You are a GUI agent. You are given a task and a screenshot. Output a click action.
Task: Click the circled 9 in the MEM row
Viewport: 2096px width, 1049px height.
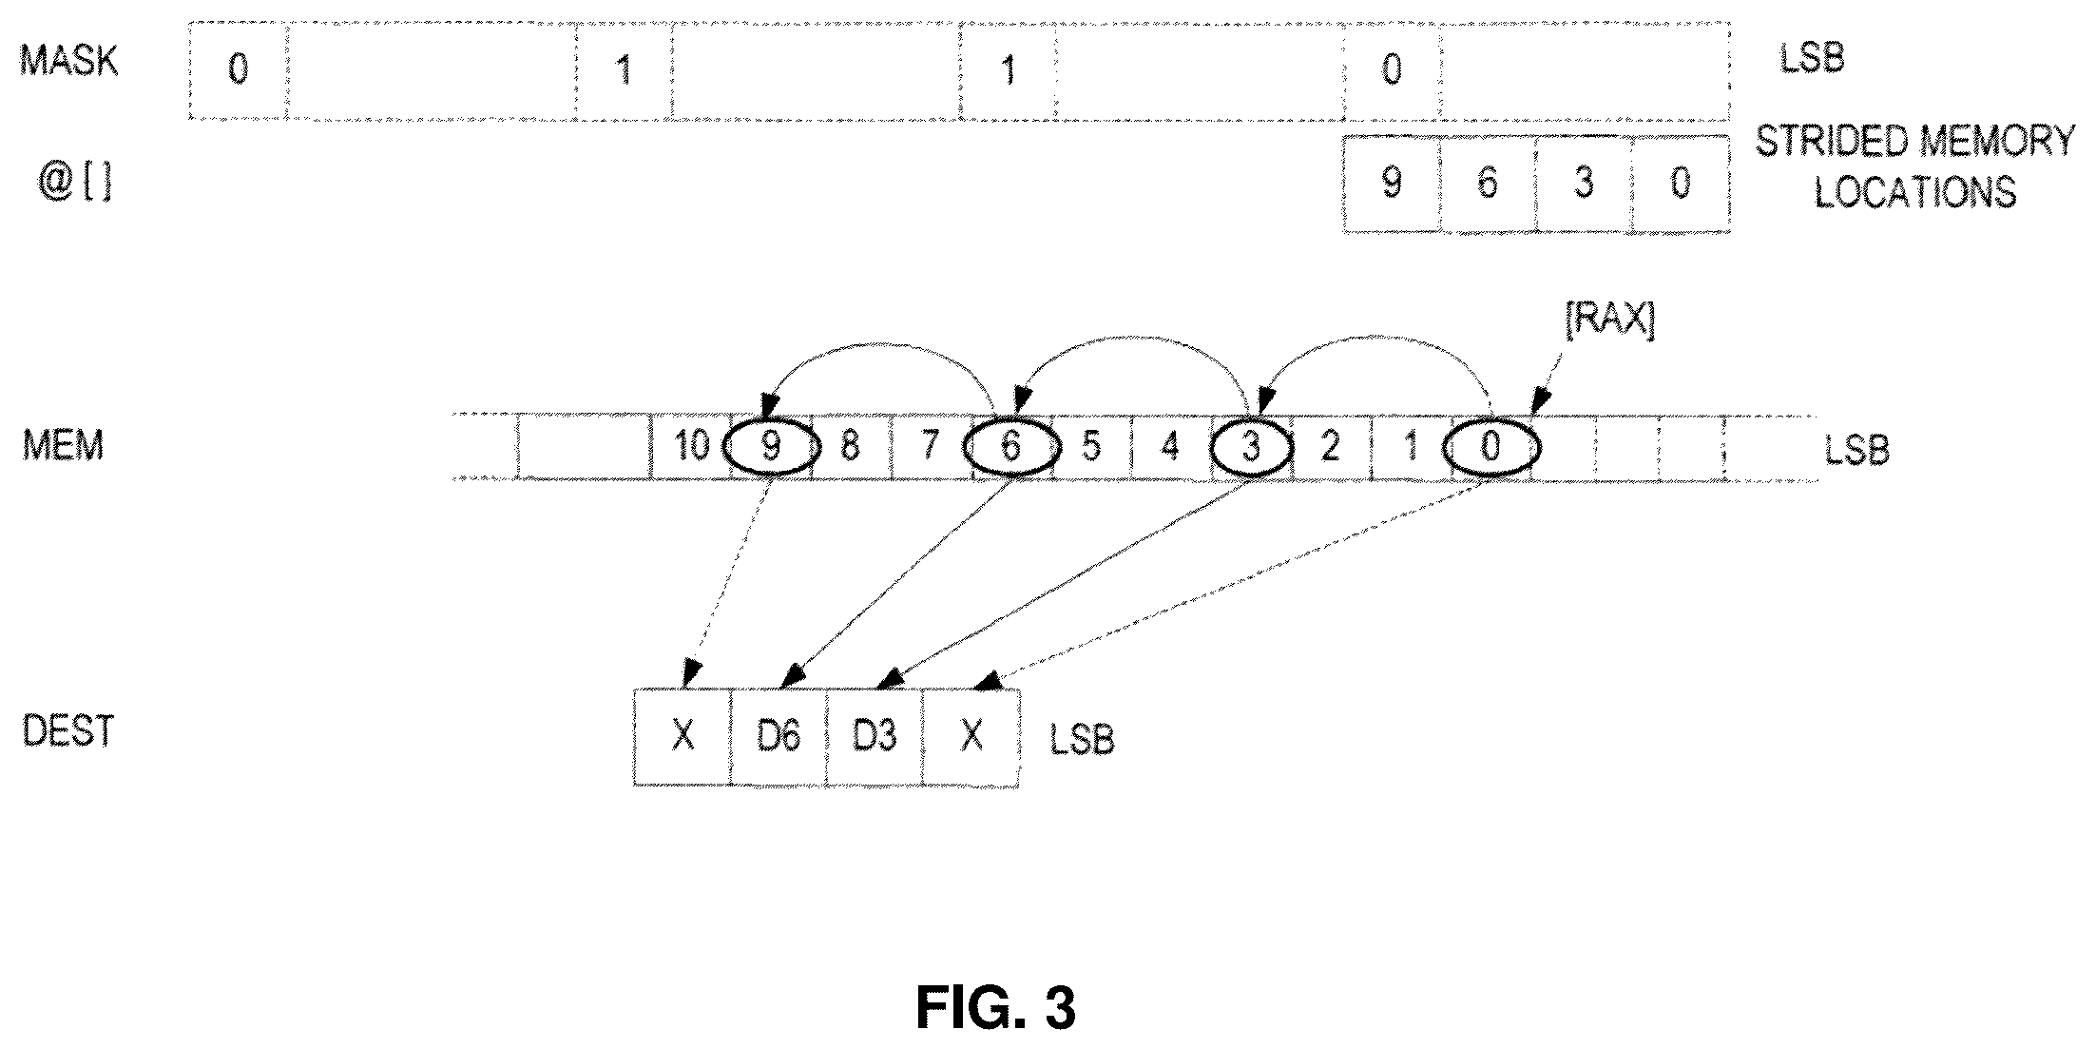(771, 445)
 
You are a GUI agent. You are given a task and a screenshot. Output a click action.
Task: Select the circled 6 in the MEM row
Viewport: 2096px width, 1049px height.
(1010, 445)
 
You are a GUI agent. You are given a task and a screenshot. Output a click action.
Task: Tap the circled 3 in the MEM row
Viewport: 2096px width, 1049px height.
(1251, 445)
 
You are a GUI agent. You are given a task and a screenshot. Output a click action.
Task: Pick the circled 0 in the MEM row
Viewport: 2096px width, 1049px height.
(1490, 445)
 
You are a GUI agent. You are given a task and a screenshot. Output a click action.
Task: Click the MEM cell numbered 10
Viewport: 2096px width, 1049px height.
(691, 445)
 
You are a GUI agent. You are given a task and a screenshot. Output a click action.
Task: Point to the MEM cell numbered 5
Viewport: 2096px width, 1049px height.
(1090, 445)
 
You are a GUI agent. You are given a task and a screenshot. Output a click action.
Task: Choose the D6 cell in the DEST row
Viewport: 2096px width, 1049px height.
(779, 736)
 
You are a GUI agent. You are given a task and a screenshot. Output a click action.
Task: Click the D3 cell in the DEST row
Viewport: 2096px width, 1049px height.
(875, 736)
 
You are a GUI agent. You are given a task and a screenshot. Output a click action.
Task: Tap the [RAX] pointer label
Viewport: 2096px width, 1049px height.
(1609, 322)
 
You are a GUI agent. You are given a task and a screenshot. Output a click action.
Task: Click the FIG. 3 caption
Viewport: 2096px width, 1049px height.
(996, 1008)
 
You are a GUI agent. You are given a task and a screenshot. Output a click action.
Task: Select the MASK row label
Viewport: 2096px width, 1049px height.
(69, 61)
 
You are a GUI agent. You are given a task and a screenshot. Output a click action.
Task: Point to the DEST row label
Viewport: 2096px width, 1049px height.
(68, 731)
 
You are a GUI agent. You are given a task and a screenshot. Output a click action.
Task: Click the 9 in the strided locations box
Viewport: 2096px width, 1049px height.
(1392, 183)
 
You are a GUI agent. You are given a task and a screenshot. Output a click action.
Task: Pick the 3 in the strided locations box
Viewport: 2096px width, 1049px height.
(1584, 183)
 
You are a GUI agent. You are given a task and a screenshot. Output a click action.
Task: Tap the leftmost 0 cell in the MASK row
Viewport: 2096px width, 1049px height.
(239, 69)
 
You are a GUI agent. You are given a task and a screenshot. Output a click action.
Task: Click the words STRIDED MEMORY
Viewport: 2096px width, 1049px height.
(1914, 142)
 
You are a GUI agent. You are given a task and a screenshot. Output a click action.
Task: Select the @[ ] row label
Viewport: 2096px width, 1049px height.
(74, 182)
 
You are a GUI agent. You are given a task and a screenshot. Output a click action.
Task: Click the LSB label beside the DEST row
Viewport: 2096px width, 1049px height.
(1082, 739)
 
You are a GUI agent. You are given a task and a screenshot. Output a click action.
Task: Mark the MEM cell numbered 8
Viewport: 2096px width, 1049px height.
(851, 445)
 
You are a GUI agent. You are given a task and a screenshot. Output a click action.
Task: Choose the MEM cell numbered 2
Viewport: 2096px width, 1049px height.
(1330, 445)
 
